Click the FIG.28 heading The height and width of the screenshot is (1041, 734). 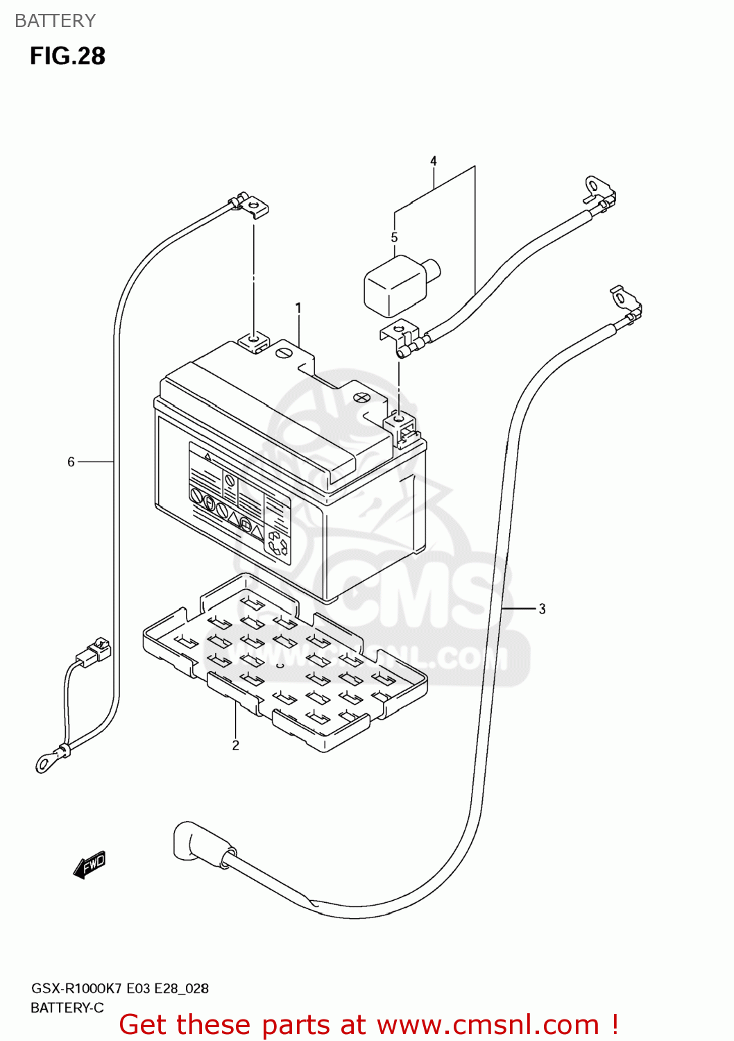(67, 56)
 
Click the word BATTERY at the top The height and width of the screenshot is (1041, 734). (55, 21)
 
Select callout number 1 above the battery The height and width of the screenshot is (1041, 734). (298, 307)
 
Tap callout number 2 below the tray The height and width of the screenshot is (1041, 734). (236, 745)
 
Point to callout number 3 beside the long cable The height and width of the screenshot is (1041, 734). (542, 609)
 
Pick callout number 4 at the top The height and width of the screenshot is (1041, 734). (434, 161)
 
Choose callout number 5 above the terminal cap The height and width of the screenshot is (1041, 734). (394, 237)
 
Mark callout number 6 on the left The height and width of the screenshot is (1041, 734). (71, 462)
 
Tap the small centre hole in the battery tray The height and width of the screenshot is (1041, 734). (280, 666)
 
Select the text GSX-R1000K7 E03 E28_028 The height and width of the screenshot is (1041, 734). (119, 988)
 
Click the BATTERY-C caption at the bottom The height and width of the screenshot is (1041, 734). (67, 1008)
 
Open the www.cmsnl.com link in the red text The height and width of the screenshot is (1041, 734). (488, 1025)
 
